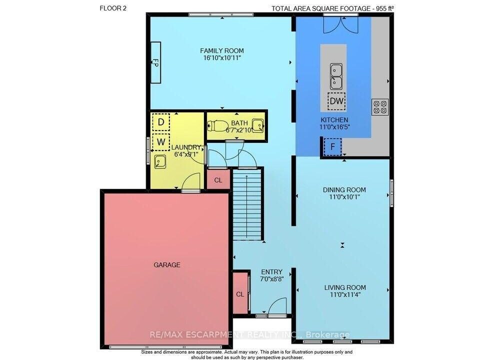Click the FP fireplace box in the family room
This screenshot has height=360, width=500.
[x=155, y=62]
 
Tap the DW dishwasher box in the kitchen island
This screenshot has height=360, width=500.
[x=336, y=101]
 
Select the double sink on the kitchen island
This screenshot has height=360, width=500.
[x=336, y=76]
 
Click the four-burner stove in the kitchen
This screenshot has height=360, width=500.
[x=380, y=107]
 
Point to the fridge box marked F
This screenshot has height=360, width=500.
[x=333, y=147]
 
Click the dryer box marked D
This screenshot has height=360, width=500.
[x=161, y=122]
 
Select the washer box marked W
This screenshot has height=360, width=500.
[x=161, y=142]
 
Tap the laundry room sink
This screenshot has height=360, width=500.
[x=160, y=161]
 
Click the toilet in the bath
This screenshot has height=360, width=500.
[x=217, y=126]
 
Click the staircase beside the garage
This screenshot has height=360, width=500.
[x=247, y=204]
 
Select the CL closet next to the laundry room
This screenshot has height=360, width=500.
[x=218, y=179]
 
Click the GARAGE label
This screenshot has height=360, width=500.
[x=167, y=264]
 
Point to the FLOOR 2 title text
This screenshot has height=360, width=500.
[x=113, y=8]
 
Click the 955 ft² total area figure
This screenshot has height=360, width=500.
[x=385, y=8]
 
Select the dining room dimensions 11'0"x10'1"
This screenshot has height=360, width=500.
[x=344, y=197]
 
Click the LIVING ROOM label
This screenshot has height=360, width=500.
[x=345, y=287]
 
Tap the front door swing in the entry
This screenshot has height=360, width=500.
[x=277, y=306]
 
